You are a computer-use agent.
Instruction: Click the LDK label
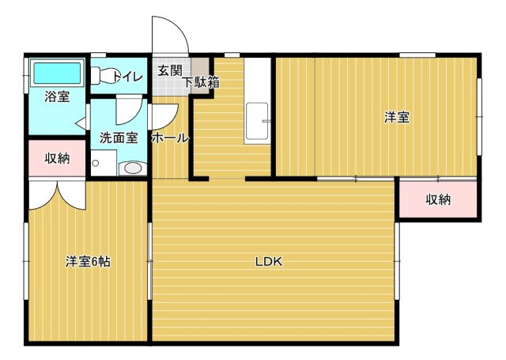click(x=269, y=262)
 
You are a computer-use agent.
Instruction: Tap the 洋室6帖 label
click(x=87, y=262)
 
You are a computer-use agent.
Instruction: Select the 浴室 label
click(x=56, y=97)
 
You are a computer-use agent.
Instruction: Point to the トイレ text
click(x=126, y=76)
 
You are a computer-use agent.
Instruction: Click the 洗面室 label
click(x=119, y=137)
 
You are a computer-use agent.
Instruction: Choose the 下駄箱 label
click(x=201, y=81)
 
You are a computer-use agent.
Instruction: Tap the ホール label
click(x=170, y=138)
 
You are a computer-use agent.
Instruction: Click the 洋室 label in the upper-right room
click(x=396, y=118)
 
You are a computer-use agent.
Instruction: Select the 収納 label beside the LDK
click(x=437, y=199)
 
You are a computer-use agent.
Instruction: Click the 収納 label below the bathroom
click(x=56, y=157)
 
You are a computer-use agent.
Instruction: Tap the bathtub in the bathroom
click(x=57, y=74)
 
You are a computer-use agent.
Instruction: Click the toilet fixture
click(x=100, y=76)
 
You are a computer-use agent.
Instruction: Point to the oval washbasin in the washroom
click(x=133, y=168)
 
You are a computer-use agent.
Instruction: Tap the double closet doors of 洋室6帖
click(x=57, y=194)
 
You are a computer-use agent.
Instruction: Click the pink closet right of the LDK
click(x=437, y=199)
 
